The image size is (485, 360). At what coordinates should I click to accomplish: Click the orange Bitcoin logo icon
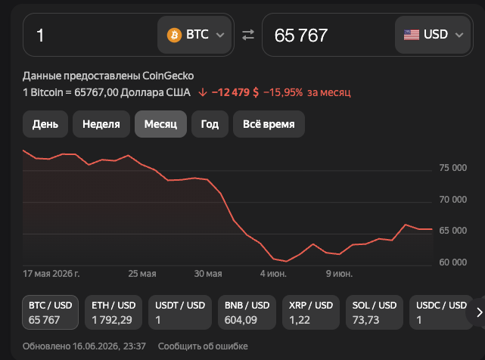tap(174, 35)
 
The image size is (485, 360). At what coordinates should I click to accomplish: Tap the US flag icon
tap(412, 35)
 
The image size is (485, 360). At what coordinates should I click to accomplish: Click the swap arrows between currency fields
tap(248, 35)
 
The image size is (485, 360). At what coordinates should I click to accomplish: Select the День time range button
tap(45, 124)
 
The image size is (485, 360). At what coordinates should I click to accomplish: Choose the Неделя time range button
tap(101, 124)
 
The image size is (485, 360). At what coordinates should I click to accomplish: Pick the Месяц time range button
tap(160, 124)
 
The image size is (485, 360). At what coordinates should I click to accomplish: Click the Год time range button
tap(210, 124)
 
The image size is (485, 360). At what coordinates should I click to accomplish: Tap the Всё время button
tap(269, 124)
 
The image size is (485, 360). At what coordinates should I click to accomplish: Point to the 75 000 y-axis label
tap(452, 168)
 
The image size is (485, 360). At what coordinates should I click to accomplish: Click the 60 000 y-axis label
tap(452, 262)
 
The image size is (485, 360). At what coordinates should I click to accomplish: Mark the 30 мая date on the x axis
tap(208, 274)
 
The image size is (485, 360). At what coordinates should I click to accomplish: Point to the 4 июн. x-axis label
tap(273, 274)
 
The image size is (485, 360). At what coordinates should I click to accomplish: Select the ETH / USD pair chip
tap(113, 312)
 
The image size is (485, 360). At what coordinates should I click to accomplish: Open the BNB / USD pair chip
tap(247, 312)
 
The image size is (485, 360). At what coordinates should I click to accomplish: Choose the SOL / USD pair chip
tap(375, 312)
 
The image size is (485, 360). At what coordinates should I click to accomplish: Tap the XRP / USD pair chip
tap(311, 312)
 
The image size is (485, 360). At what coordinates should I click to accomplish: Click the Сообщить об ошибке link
tap(203, 346)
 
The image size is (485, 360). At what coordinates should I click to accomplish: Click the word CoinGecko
tap(168, 76)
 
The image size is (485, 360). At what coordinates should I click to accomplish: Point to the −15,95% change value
tap(283, 92)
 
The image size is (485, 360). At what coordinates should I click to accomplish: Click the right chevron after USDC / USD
tap(480, 312)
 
